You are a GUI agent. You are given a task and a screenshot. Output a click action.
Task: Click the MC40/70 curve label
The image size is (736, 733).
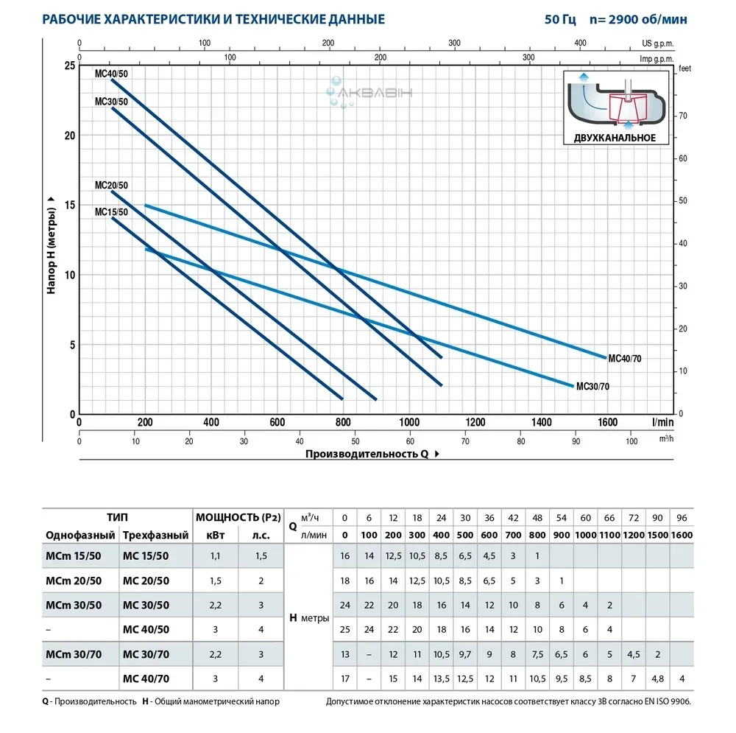click(x=624, y=358)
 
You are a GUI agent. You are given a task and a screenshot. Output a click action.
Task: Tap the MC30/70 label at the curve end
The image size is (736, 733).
click(x=592, y=386)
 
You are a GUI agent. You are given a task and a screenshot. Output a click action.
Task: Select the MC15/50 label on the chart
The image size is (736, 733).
click(x=110, y=213)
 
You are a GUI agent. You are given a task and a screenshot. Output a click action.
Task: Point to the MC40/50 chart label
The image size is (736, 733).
click(x=110, y=74)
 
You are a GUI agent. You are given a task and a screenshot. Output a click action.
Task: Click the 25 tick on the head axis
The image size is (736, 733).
click(x=70, y=66)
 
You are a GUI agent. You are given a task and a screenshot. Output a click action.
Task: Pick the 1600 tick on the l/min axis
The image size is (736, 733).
click(x=607, y=422)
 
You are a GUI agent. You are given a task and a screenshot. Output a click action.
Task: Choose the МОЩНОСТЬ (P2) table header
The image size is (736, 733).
click(x=235, y=516)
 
